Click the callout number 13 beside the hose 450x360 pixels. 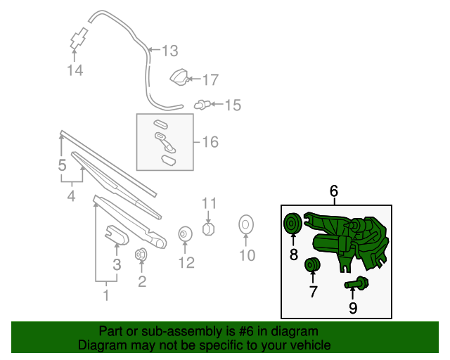[x=170, y=51]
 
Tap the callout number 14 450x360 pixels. [x=75, y=70]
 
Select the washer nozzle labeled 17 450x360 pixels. [x=180, y=77]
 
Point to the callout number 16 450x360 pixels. [x=210, y=142]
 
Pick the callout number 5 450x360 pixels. [x=63, y=165]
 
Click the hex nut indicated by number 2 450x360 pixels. [x=141, y=255]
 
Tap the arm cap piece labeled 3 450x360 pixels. [x=117, y=235]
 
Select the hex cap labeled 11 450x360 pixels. [x=208, y=229]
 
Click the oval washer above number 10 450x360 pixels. [x=246, y=224]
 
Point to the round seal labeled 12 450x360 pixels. [x=185, y=234]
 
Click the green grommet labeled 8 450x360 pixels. [x=292, y=224]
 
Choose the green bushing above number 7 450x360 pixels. [x=312, y=264]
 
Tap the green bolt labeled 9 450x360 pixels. [x=356, y=283]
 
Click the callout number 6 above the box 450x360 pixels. [x=334, y=191]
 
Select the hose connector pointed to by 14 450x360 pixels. [x=79, y=38]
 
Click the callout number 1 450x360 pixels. [x=106, y=295]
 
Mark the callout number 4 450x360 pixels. [x=71, y=195]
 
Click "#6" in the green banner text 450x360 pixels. [x=246, y=331]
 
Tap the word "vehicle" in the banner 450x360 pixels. [x=313, y=345]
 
